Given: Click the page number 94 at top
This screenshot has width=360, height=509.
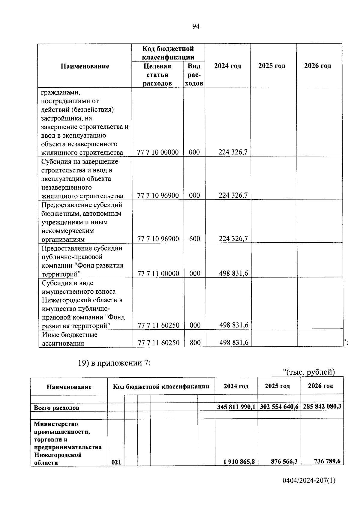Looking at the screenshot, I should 196,27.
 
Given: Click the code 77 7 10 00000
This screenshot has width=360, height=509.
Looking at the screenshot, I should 158,152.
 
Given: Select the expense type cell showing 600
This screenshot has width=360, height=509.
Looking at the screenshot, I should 195,239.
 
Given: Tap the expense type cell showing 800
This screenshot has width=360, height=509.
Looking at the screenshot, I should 195,343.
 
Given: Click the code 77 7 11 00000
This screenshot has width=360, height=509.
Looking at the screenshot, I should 158,274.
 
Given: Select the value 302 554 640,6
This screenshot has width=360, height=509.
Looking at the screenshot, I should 279,407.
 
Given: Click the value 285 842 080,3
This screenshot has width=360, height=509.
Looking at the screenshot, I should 322,407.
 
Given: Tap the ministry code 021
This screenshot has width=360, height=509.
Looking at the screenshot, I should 116,471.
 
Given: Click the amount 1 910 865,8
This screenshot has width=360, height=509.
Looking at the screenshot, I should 239,470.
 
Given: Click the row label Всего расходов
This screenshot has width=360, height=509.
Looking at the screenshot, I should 56,408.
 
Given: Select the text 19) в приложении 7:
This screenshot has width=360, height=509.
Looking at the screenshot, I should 114,363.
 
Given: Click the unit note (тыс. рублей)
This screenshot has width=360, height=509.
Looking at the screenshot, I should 309,372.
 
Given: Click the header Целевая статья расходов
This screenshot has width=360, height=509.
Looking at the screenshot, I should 157,75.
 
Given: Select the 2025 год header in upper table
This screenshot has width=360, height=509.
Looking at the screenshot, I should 272,66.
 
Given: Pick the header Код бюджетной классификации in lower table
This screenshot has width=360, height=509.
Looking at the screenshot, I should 161,387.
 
